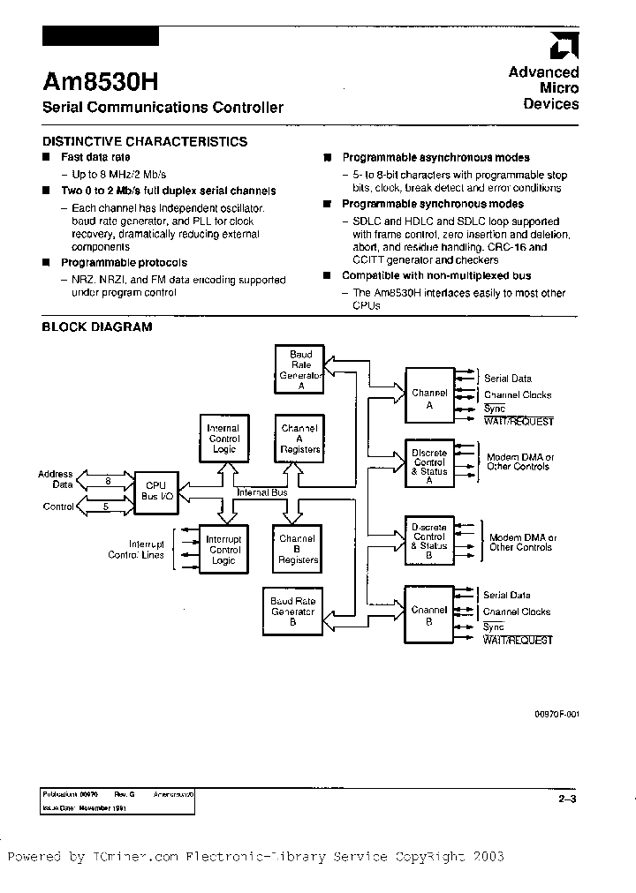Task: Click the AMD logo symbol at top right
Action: (563, 46)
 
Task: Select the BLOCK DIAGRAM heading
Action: (97, 326)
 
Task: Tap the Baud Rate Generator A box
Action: (300, 370)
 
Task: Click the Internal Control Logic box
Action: (223, 439)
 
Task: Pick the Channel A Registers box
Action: (299, 439)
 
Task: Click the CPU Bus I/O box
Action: (155, 491)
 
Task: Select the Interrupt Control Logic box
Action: (223, 549)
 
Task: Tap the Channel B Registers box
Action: (298, 549)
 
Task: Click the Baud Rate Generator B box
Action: (292, 611)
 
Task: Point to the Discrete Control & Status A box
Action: (429, 462)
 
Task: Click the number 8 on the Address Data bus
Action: (108, 481)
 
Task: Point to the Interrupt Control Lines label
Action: (135, 549)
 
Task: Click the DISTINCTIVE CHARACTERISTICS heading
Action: (145, 141)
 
